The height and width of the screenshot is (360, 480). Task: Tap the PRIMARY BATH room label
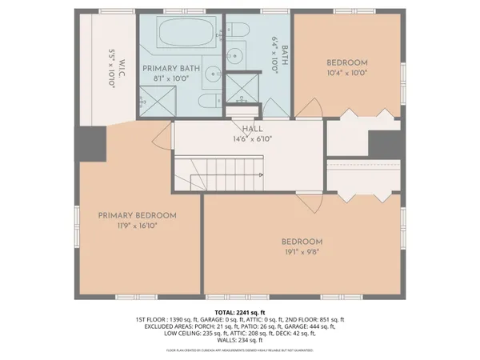click(x=172, y=69)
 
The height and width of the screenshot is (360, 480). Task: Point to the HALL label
click(x=252, y=129)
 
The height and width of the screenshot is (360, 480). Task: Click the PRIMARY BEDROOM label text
click(x=138, y=215)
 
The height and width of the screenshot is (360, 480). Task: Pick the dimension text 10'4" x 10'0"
click(x=346, y=73)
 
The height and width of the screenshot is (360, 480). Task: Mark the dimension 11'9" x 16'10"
click(x=138, y=226)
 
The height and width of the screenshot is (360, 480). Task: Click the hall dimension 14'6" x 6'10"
click(x=252, y=138)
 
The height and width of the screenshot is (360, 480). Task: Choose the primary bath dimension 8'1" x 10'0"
click(x=172, y=78)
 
